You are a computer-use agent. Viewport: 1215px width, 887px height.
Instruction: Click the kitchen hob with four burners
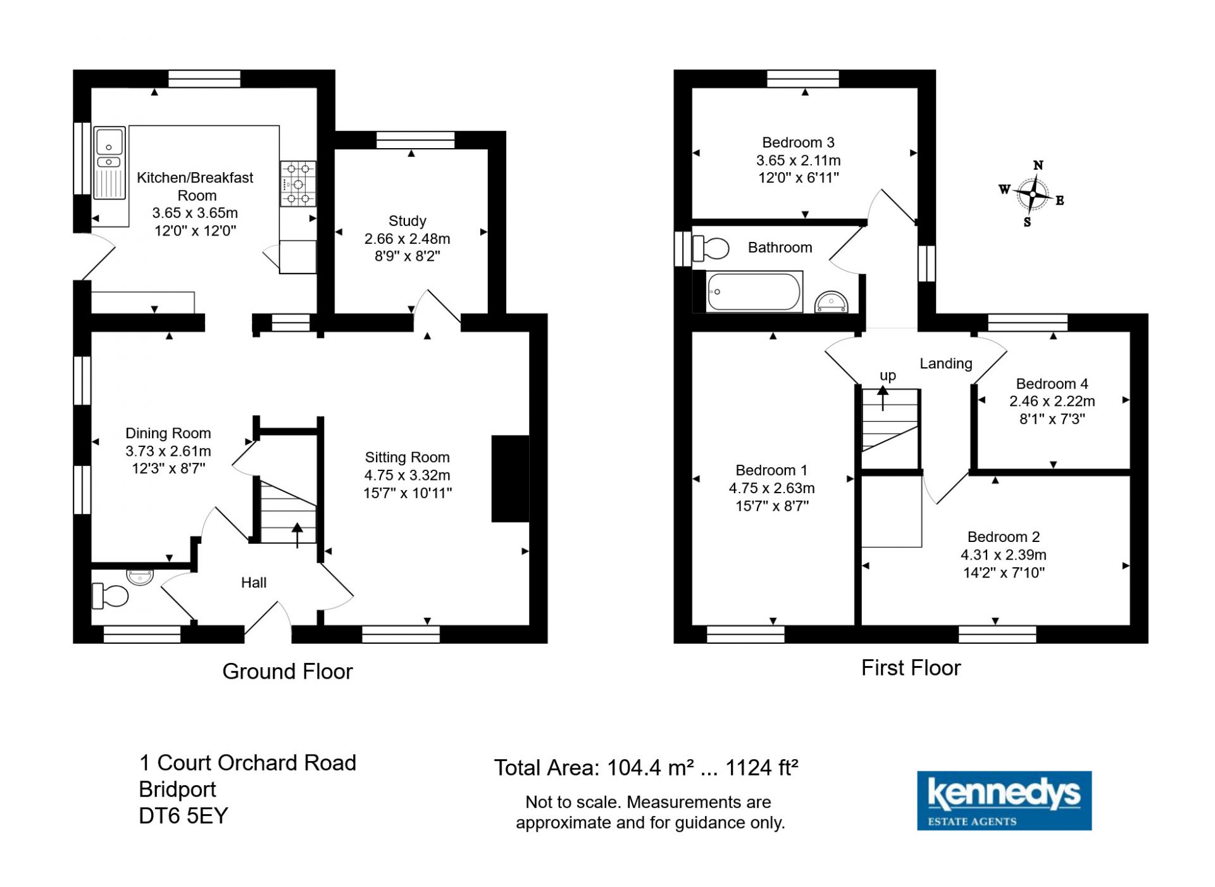pos(298,184)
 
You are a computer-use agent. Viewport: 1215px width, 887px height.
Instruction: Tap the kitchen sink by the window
pos(109,163)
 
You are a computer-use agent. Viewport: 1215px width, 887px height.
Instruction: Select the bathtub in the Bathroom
pos(754,291)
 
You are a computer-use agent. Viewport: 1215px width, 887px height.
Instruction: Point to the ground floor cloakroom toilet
pos(110,595)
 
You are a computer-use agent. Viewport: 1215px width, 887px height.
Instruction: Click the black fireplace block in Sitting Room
pos(510,479)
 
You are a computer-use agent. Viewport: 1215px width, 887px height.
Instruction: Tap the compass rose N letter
pos(1038,165)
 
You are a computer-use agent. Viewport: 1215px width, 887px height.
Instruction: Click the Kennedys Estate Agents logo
pos(1004,800)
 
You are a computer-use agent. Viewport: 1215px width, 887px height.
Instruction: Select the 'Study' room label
pos(407,221)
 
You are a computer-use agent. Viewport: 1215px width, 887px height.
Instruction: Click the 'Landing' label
pos(945,363)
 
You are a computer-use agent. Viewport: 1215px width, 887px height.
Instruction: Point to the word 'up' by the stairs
pos(888,375)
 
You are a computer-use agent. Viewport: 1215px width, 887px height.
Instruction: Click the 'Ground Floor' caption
pos(287,671)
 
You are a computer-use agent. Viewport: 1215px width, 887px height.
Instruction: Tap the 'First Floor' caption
pos(911,667)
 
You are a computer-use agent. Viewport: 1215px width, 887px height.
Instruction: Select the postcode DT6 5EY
pos(183,815)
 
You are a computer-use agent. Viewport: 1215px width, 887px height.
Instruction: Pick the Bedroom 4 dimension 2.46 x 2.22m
pos(1052,401)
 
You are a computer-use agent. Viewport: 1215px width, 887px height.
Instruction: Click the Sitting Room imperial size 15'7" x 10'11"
pos(408,493)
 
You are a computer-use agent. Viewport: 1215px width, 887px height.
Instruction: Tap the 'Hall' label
pos(254,582)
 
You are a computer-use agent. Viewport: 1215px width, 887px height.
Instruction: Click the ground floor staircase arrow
pos(297,535)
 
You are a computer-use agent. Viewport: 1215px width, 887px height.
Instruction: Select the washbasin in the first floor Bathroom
pos(831,302)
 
